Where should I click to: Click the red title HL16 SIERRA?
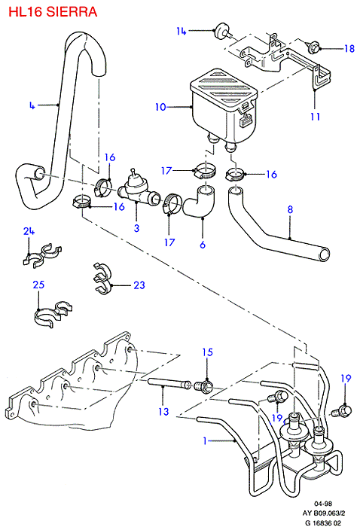pyautogui.click(x=53, y=12)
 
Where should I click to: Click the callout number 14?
pyautogui.click(x=182, y=31)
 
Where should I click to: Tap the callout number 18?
pyautogui.click(x=349, y=49)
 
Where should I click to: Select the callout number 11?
pyautogui.click(x=315, y=117)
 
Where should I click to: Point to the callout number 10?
pyautogui.click(x=160, y=107)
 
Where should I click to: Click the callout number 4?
pyautogui.click(x=32, y=106)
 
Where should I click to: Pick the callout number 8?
pyautogui.click(x=290, y=210)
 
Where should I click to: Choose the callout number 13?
pyautogui.click(x=163, y=412)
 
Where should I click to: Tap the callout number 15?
pyautogui.click(x=208, y=352)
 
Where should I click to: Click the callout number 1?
pyautogui.click(x=205, y=440)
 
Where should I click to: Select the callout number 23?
pyautogui.click(x=139, y=285)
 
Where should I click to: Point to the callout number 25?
pyautogui.click(x=38, y=285)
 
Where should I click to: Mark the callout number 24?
pyautogui.click(x=29, y=231)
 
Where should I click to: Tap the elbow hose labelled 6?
pyautogui.click(x=199, y=202)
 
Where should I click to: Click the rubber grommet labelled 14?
pyautogui.click(x=222, y=32)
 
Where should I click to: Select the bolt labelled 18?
pyautogui.click(x=313, y=47)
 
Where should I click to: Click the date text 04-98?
pyautogui.click(x=322, y=504)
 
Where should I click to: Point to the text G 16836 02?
pyautogui.click(x=323, y=522)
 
